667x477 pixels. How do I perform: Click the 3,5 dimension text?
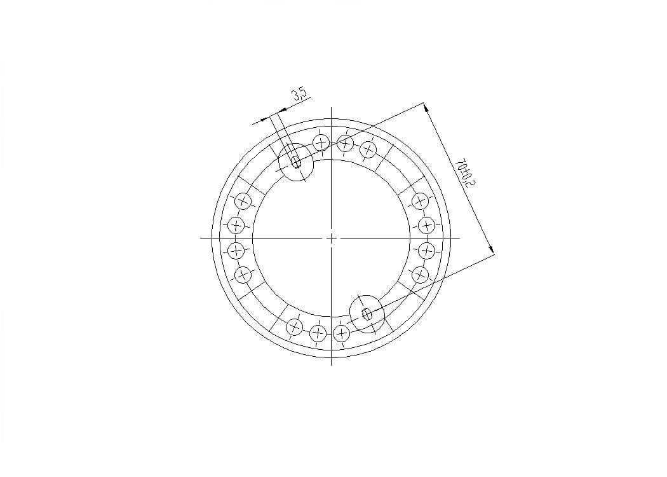[x=299, y=95]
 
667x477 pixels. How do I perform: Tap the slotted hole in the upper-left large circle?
[x=295, y=162]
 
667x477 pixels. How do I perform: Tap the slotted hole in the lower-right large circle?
[x=367, y=314]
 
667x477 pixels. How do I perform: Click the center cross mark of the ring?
[x=332, y=238]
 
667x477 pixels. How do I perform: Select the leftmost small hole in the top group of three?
[x=321, y=142]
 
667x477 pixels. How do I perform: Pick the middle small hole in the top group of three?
[x=345, y=143]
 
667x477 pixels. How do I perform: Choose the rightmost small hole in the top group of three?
[x=368, y=149]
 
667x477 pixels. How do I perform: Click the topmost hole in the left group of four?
[x=243, y=200]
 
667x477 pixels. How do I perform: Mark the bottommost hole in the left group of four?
[x=243, y=275]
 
